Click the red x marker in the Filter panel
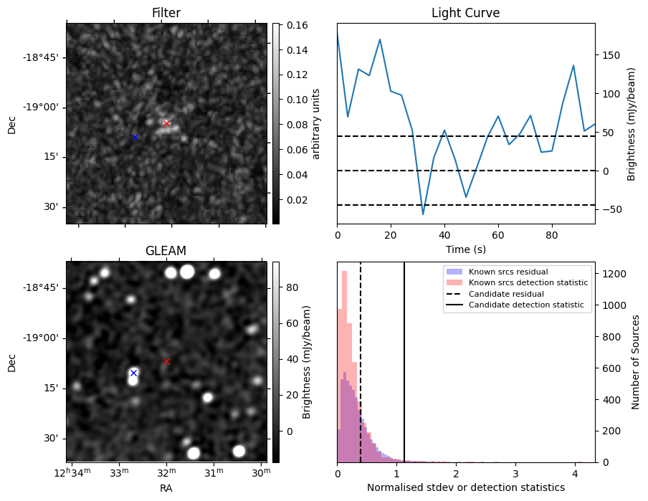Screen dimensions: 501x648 tap(166, 123)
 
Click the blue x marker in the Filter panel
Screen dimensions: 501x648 tap(134, 137)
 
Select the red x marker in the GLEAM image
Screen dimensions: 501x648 tap(166, 361)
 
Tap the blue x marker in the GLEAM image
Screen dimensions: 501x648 tap(133, 373)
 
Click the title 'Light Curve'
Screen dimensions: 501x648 tap(465, 13)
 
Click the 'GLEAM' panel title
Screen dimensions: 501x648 tap(166, 251)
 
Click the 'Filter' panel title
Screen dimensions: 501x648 tap(166, 13)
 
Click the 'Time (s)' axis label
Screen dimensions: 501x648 tap(465, 249)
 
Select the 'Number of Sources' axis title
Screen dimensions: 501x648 tap(635, 362)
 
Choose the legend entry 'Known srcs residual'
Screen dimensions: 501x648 tap(508, 272)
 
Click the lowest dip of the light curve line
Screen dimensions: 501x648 tap(423, 214)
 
